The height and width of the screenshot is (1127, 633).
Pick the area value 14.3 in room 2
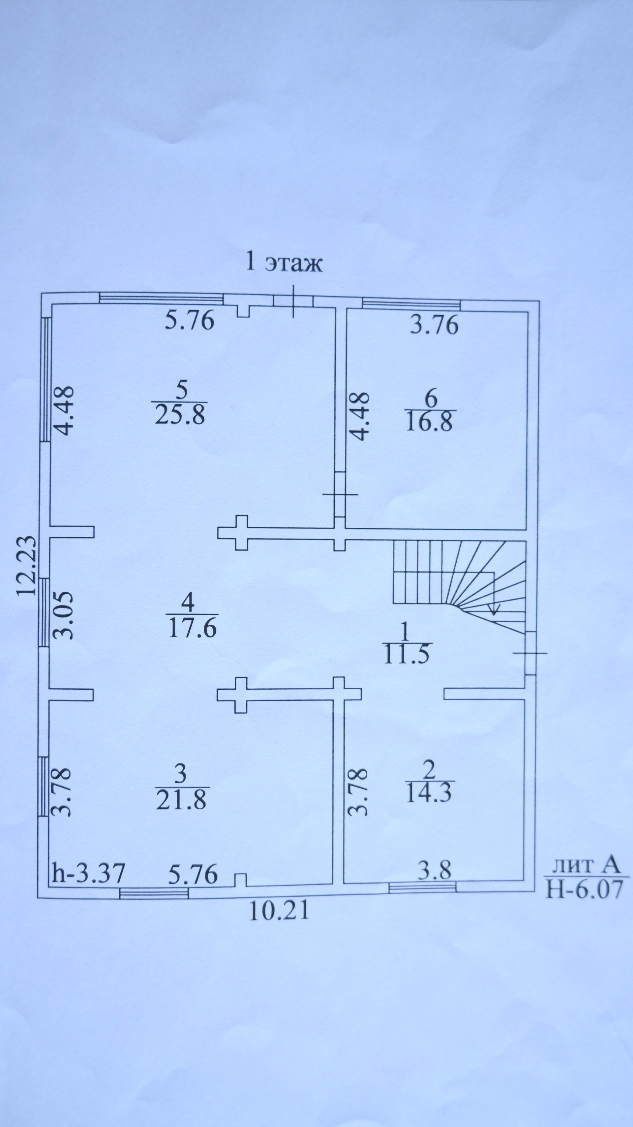pos(428,793)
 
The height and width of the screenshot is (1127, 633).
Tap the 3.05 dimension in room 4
pos(64,615)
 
